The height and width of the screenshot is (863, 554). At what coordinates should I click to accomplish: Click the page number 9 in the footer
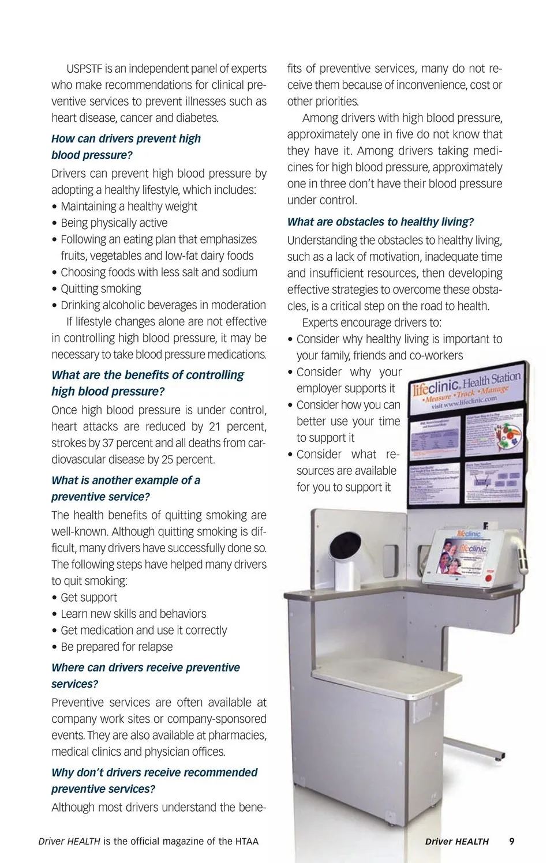(511, 841)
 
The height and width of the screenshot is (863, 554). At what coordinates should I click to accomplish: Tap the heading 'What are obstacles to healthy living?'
(380, 222)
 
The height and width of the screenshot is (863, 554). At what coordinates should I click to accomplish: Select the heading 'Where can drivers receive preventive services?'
(145, 675)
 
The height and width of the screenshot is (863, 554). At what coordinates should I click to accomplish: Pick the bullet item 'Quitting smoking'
(100, 288)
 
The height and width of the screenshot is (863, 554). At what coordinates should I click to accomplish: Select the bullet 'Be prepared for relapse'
(117, 647)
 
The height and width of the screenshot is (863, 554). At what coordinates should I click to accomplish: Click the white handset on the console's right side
(522, 551)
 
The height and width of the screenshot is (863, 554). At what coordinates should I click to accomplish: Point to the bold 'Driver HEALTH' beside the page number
(456, 841)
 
